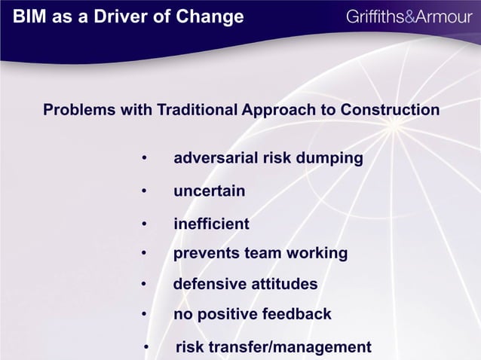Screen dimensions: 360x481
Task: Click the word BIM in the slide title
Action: tap(29, 17)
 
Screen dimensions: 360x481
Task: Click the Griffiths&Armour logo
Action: tap(408, 17)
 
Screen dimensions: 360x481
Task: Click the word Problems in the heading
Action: tap(78, 110)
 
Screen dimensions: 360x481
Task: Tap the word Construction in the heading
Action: tap(390, 110)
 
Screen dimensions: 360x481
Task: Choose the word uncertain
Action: tap(209, 191)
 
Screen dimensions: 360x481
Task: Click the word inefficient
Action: tap(211, 224)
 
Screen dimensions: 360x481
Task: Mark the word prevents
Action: tap(207, 253)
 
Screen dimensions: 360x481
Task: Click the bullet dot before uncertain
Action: tap(143, 192)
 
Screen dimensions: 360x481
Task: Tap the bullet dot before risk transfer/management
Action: tap(146, 348)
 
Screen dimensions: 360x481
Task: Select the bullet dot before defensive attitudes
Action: tap(143, 285)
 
